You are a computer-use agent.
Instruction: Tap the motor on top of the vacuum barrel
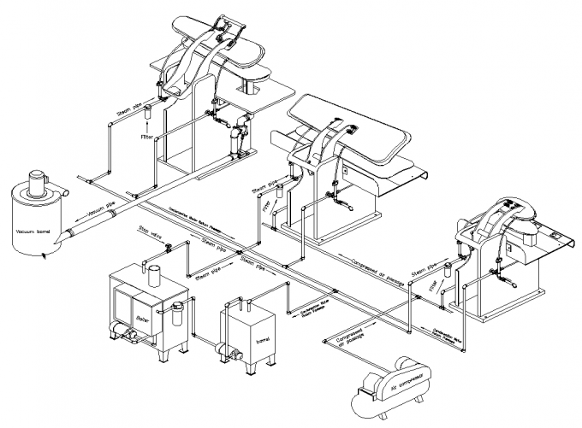[36, 181]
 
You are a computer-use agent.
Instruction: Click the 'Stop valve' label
[147, 232]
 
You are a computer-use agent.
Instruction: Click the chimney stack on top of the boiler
[156, 274]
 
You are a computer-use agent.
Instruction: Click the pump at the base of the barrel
[230, 348]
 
